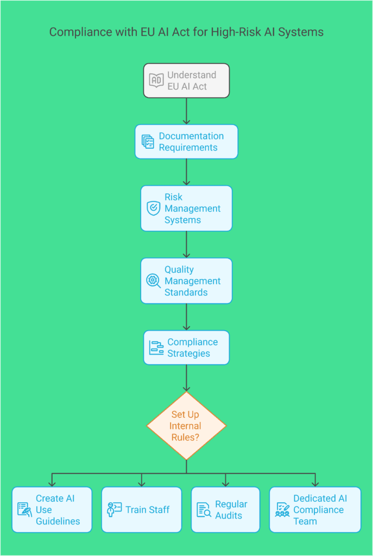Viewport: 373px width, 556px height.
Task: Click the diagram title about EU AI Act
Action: click(x=186, y=32)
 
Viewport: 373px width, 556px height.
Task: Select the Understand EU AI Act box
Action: click(x=186, y=80)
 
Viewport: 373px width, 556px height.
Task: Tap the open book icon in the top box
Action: click(x=156, y=80)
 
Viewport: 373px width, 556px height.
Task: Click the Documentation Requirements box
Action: click(x=186, y=142)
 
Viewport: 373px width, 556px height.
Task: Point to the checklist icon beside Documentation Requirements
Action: click(x=148, y=142)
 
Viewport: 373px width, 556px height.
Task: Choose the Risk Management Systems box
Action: click(x=186, y=208)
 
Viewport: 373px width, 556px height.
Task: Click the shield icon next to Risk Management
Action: click(x=154, y=208)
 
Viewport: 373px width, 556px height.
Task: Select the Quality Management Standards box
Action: click(x=186, y=281)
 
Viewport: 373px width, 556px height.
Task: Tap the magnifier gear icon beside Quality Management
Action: click(x=154, y=281)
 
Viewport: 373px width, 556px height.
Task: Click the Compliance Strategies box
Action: click(x=186, y=347)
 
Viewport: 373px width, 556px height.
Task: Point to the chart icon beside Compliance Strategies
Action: click(x=156, y=347)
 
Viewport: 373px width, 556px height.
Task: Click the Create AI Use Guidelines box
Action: click(x=52, y=509)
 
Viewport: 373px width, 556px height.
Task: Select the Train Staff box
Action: click(x=141, y=509)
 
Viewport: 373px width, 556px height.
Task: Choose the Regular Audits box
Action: click(x=225, y=509)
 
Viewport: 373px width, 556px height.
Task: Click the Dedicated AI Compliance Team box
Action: click(x=315, y=509)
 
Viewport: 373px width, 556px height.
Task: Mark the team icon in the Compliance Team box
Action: click(x=282, y=509)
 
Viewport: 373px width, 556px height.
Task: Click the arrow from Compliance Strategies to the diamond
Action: click(x=186, y=378)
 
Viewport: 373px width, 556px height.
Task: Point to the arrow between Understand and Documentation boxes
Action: click(x=186, y=111)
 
